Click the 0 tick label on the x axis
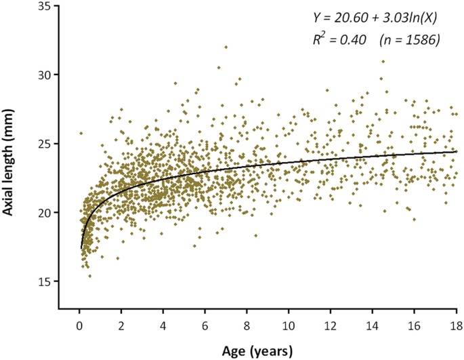coord(79,327)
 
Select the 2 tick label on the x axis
coord(121,327)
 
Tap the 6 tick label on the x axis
coord(205,327)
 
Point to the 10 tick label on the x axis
coord(289,327)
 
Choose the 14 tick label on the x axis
coord(373,327)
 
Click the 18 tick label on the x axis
coord(457,327)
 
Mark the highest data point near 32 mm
coord(226,47)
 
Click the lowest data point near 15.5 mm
coord(89,276)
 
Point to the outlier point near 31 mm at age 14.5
coord(383,61)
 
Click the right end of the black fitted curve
coord(457,152)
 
